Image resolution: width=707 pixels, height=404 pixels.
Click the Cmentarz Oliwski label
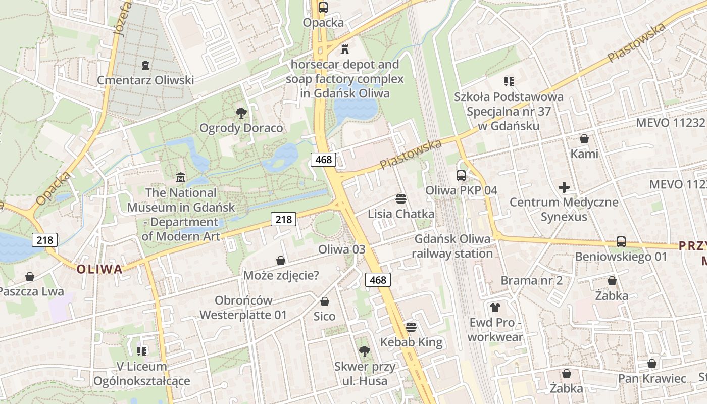[145, 80]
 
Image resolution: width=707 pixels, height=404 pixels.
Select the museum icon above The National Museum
[181, 178]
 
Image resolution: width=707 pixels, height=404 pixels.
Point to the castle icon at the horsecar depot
[345, 49]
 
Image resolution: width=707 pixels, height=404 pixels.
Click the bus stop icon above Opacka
[323, 8]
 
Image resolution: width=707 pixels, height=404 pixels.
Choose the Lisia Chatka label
[400, 214]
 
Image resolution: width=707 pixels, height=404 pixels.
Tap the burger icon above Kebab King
[411, 327]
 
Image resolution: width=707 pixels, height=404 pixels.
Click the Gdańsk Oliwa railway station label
[452, 246]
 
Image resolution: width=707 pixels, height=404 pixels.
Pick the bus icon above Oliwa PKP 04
[461, 176]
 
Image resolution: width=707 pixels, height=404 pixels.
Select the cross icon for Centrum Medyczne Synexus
[564, 188]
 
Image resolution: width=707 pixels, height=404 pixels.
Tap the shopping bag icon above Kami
[584, 139]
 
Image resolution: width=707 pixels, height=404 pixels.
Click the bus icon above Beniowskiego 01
[621, 242]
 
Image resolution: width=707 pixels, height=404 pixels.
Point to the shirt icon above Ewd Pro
[495, 307]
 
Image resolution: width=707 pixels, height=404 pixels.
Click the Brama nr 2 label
[531, 280]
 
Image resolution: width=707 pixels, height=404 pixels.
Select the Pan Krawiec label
[652, 378]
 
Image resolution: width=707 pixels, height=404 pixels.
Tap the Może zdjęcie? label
[281, 275]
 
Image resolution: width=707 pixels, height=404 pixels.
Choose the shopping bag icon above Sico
[325, 301]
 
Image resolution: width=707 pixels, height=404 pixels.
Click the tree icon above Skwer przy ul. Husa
[364, 351]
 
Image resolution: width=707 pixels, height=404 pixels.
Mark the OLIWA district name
[99, 269]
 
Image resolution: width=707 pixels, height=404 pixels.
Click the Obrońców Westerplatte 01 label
[243, 308]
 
